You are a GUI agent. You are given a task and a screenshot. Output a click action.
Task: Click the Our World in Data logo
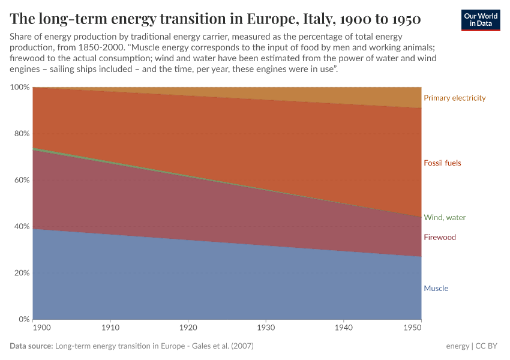coord(480,20)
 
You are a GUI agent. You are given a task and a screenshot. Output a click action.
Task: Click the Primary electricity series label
coord(454,98)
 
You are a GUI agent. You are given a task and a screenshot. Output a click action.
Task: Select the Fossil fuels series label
coord(442,163)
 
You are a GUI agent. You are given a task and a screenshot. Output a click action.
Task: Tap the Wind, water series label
coord(444,218)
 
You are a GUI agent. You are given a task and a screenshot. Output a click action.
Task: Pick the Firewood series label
coord(439,238)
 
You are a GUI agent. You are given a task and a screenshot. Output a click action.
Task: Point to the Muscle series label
coord(436,289)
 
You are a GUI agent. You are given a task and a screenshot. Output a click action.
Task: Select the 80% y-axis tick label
coord(21,134)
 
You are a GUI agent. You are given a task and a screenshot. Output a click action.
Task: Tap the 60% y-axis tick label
coord(21,180)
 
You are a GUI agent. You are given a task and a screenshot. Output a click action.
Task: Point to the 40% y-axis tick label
coord(21,227)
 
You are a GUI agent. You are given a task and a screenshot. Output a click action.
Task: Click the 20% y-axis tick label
coord(21,273)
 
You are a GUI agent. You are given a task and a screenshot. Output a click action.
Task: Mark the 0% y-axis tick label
coord(23,319)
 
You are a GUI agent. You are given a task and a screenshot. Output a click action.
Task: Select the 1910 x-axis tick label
coord(110,329)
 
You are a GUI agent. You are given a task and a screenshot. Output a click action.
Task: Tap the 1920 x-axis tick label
coord(188,329)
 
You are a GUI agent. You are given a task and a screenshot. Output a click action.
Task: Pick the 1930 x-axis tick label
coord(266,329)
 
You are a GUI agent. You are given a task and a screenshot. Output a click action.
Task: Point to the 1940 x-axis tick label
coord(343,329)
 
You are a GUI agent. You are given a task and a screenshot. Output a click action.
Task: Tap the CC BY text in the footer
coord(489,346)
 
